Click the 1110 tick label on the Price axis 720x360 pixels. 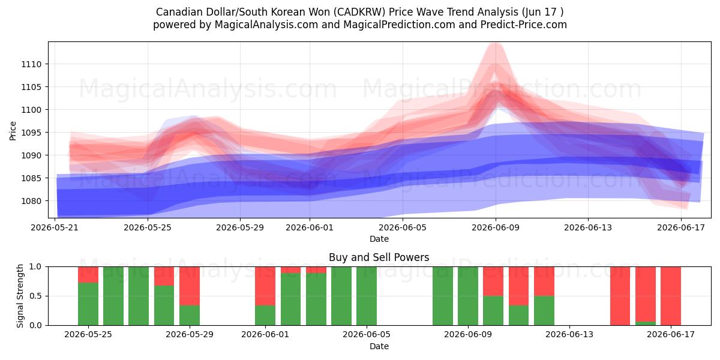coord(31,64)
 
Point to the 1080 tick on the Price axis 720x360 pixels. coord(31,201)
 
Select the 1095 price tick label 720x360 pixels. coord(31,133)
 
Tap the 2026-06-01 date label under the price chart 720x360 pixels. coord(310,227)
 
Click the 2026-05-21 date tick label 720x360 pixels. coord(55,227)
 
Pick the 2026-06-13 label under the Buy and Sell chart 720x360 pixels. coord(569,334)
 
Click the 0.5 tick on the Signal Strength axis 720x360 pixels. coord(35,296)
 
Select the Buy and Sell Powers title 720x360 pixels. coord(379,257)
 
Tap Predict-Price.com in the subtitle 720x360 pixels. coord(524,25)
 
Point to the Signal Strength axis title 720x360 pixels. coord(20,296)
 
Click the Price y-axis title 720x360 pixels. coord(13,131)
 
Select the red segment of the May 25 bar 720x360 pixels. coord(88,275)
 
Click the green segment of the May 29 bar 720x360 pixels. coord(190,316)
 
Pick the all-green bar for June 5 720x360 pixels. coord(367,296)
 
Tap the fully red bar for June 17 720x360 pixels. coord(671,296)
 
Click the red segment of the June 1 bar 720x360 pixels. coord(265,286)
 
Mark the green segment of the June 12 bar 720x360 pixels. coord(544,311)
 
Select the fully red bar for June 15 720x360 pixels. coord(620,296)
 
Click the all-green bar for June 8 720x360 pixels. coord(443,296)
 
